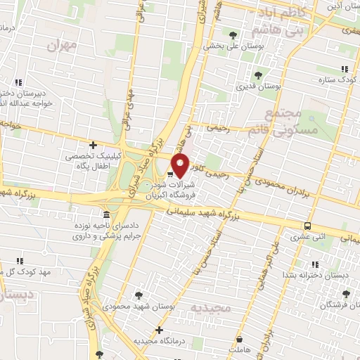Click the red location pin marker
click(x=181, y=166)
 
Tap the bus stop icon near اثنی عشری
click(x=308, y=226)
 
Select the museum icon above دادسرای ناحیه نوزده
click(x=106, y=214)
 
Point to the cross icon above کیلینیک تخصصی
click(x=93, y=145)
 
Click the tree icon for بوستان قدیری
click(x=258, y=75)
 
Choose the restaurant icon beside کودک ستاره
click(x=345, y=69)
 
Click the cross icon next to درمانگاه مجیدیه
click(x=160, y=330)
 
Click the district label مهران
click(x=61, y=45)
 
